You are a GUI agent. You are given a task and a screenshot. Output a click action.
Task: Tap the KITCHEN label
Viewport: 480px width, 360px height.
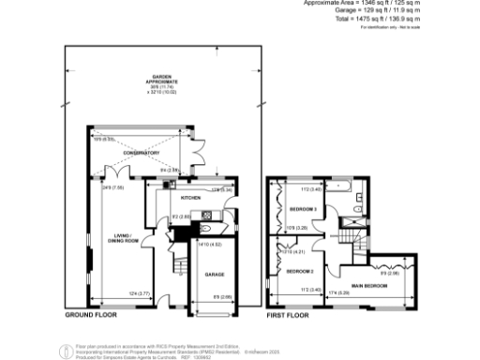click(178, 199)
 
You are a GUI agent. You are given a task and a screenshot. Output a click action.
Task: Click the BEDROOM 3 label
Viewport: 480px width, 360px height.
click(303, 209)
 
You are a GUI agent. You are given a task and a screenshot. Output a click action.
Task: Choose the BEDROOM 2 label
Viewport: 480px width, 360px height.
click(299, 271)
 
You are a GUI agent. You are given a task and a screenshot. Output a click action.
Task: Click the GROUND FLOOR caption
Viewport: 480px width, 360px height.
click(89, 316)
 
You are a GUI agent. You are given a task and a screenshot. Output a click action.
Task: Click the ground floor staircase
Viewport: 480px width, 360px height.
click(175, 272)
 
